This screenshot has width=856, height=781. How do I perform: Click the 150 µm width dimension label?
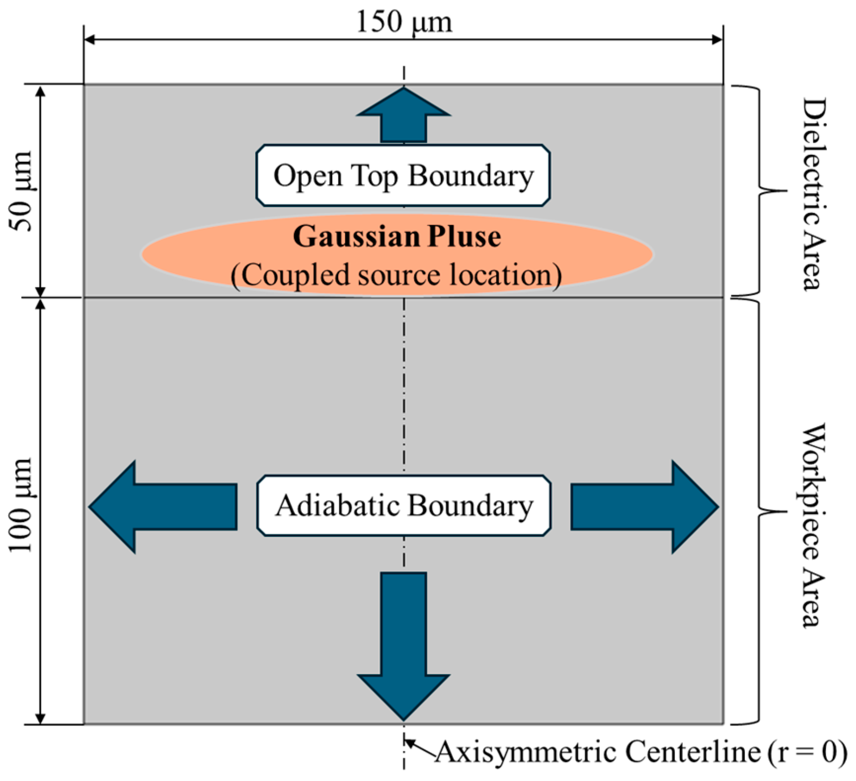404,22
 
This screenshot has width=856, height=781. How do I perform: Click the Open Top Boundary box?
403,175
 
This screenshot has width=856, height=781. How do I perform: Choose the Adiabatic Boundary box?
404,506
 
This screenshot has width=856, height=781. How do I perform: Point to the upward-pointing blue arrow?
404,115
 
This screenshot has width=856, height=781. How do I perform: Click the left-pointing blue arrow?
163,507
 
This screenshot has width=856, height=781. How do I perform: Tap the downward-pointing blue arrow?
404,646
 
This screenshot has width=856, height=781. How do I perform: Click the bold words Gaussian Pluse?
397,236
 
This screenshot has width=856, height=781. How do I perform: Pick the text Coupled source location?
396,274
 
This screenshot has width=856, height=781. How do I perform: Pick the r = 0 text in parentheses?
808,752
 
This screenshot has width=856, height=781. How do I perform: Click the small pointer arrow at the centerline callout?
420,746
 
